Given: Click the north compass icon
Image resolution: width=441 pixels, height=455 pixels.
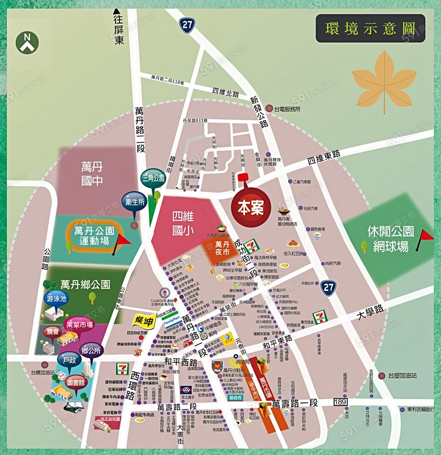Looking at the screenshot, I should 27,42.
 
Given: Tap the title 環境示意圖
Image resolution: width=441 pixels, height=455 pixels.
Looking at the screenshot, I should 370,28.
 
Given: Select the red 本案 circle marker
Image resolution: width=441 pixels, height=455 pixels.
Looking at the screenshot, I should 250,208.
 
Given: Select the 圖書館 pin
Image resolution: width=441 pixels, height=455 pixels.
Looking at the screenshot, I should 76,383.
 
